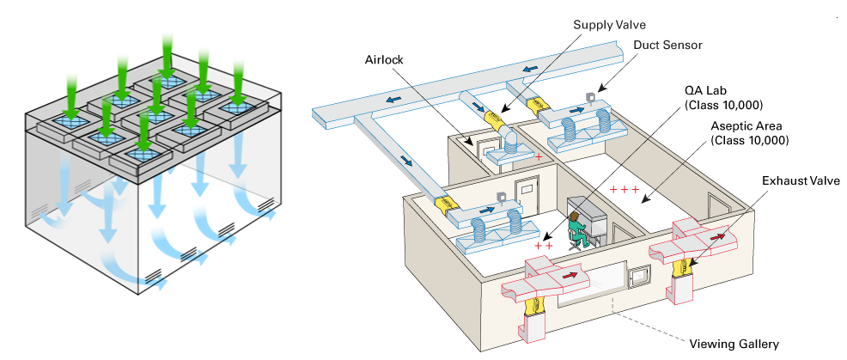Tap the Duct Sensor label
tap(668, 45)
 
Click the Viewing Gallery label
tap(734, 344)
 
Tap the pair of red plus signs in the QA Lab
tap(543, 246)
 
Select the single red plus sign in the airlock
tap(538, 158)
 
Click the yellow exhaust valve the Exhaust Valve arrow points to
tap(683, 267)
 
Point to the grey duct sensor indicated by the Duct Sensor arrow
tap(590, 96)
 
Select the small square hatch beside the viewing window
tap(638, 278)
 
